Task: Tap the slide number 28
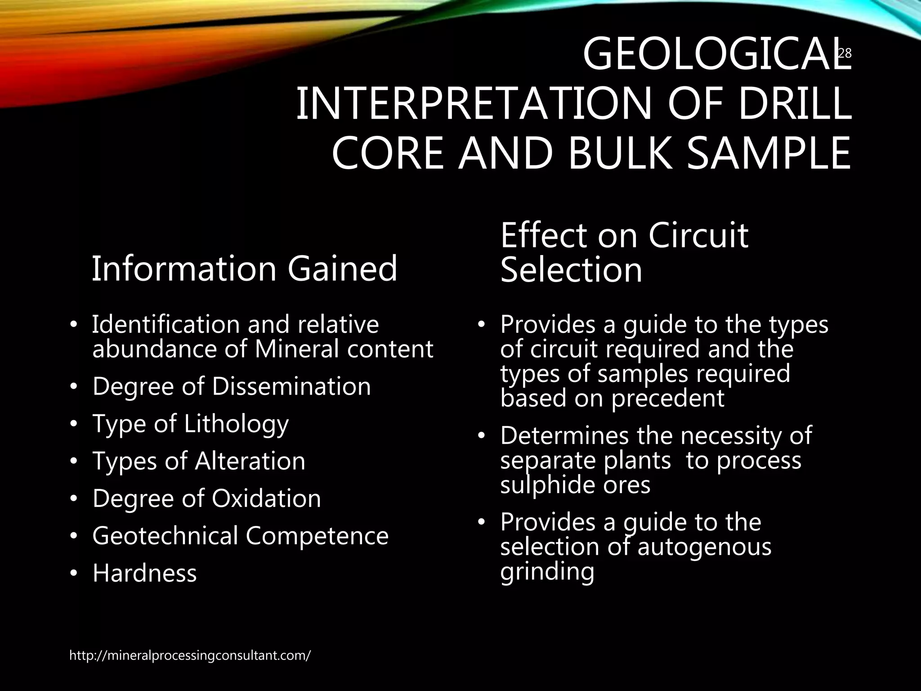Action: coord(845,54)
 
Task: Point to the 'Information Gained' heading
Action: coord(244,269)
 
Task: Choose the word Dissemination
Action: coord(291,386)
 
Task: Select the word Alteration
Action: coord(250,461)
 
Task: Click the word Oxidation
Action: coord(266,498)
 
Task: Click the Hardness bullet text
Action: coord(145,573)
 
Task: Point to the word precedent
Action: coord(668,398)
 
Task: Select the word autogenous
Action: coord(704,547)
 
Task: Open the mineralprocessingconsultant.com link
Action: coord(190,655)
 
